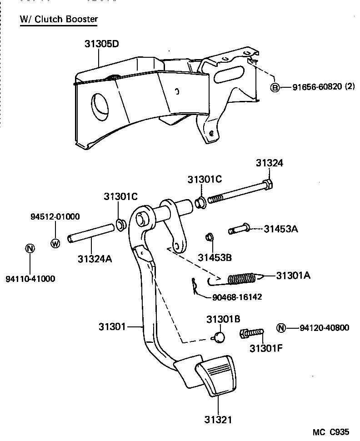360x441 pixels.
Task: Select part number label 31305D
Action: [x=101, y=44]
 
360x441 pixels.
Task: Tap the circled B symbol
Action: [x=275, y=87]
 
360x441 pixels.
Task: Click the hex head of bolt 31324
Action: [x=268, y=185]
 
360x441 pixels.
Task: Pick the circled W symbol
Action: [x=55, y=243]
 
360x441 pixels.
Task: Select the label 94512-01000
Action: [x=55, y=216]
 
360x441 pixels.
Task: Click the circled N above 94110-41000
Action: [x=30, y=248]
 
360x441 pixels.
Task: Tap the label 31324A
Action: [x=95, y=259]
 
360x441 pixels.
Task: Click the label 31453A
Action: [x=281, y=229]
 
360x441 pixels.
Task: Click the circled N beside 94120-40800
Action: [x=281, y=328]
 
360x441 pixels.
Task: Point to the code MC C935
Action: [x=331, y=431]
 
